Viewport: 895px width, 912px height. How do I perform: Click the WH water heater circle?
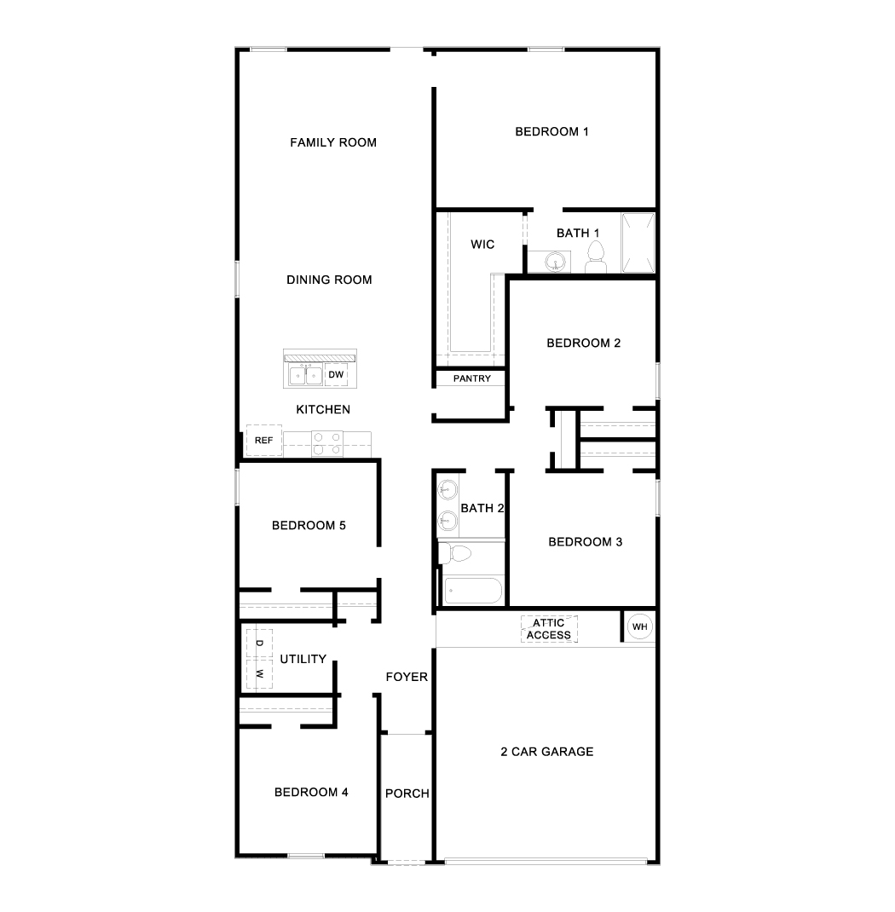pyautogui.click(x=639, y=626)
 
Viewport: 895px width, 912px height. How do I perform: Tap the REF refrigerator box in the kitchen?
pyautogui.click(x=264, y=441)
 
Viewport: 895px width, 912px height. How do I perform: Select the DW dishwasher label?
pyautogui.click(x=336, y=374)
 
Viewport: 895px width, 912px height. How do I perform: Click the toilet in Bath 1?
pyautogui.click(x=596, y=257)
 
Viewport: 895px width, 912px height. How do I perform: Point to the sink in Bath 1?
pyautogui.click(x=557, y=262)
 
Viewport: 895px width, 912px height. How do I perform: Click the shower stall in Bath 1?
pyautogui.click(x=638, y=243)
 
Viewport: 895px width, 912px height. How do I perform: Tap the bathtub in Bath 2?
pyautogui.click(x=472, y=591)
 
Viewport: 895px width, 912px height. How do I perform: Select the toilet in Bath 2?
pyautogui.click(x=454, y=553)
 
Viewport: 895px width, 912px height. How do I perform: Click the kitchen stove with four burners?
pyautogui.click(x=326, y=443)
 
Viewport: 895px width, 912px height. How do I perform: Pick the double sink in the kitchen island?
pyautogui.click(x=306, y=375)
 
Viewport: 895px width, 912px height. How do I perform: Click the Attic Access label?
pyautogui.click(x=548, y=629)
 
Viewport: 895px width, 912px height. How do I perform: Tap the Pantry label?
pyautogui.click(x=472, y=378)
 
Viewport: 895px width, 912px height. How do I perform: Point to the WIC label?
pyautogui.click(x=482, y=245)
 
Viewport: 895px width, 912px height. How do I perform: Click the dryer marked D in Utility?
pyautogui.click(x=259, y=644)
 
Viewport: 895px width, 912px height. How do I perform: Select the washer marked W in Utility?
pyautogui.click(x=259, y=674)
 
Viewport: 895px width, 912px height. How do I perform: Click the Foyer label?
pyautogui.click(x=407, y=677)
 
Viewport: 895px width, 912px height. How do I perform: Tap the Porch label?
pyautogui.click(x=407, y=794)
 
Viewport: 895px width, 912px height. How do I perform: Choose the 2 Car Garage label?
pyautogui.click(x=547, y=752)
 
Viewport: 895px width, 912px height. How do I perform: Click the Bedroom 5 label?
pyautogui.click(x=309, y=525)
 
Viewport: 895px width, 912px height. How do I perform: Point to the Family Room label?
pyautogui.click(x=333, y=142)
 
